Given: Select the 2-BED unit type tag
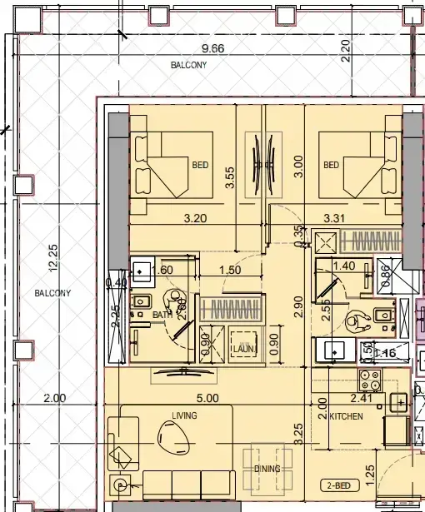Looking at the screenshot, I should [x=338, y=485].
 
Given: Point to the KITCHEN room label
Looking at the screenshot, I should [x=346, y=415].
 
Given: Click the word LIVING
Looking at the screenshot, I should [x=184, y=415].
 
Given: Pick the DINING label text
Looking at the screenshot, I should [x=267, y=470].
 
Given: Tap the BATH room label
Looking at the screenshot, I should [x=162, y=315].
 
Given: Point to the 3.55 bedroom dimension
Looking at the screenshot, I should [x=230, y=176].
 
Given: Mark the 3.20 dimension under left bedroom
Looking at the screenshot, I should [x=196, y=218].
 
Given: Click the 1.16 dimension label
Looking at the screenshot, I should [x=385, y=353].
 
